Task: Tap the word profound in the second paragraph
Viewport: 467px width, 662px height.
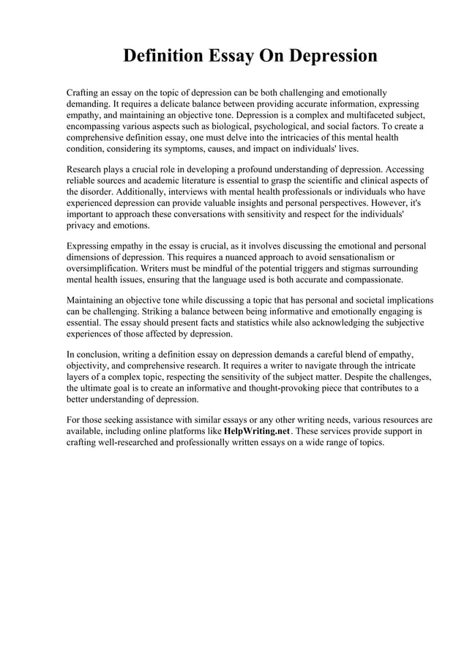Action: [231, 169]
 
